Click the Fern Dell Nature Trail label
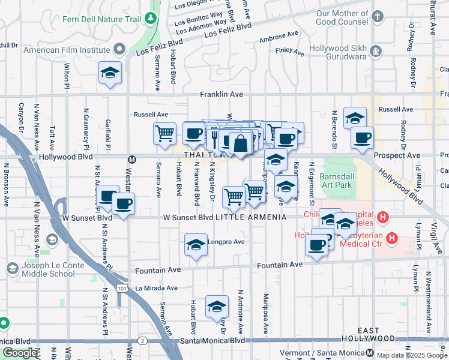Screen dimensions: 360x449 pyautogui.click(x=101, y=19)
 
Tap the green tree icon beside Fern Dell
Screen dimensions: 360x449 pyautogui.click(x=149, y=19)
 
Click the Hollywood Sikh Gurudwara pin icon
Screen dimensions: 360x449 pyautogui.click(x=376, y=50)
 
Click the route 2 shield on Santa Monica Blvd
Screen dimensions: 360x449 pyautogui.click(x=142, y=341)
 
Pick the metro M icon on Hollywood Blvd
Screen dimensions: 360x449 pyautogui.click(x=131, y=159)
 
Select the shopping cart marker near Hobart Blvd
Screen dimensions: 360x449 pyautogui.click(x=165, y=133)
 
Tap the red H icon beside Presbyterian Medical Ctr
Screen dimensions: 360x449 pyautogui.click(x=391, y=239)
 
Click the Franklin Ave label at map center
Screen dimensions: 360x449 pyautogui.click(x=221, y=95)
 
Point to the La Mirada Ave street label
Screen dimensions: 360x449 pyautogui.click(x=156, y=288)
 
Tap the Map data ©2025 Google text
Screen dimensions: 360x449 pyautogui.click(x=411, y=355)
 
